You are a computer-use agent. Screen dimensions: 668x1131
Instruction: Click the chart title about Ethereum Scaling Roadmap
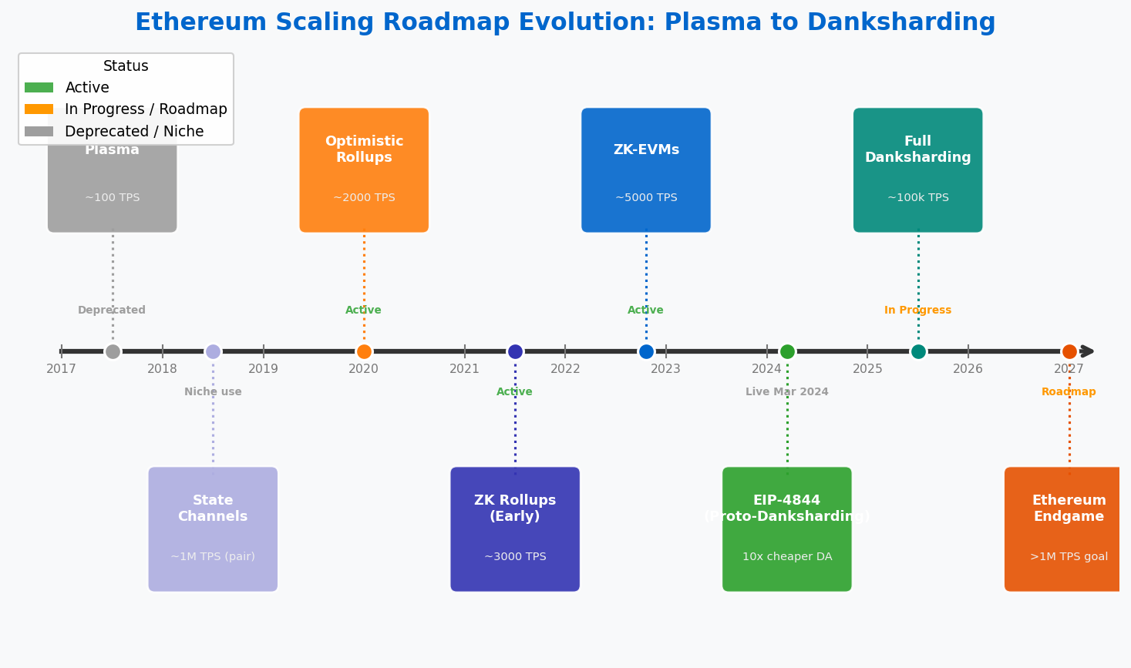click(565, 23)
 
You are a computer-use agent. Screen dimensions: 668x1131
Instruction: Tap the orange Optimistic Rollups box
click(364, 170)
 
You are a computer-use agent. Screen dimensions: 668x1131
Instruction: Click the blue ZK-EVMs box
click(646, 170)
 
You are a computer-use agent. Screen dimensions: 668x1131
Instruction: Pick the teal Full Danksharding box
click(917, 170)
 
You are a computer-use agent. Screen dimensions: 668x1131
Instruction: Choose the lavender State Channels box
click(213, 529)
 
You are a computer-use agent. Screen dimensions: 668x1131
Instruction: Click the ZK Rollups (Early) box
click(515, 529)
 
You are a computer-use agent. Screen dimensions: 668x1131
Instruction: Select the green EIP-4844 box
click(787, 529)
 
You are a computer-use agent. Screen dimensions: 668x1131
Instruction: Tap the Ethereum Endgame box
click(1064, 529)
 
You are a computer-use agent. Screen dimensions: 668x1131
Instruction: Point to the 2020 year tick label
click(363, 369)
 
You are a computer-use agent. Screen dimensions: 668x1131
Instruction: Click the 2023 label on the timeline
click(665, 369)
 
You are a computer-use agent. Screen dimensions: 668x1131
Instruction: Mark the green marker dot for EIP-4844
click(787, 351)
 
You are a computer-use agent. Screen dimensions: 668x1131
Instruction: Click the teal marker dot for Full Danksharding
click(918, 351)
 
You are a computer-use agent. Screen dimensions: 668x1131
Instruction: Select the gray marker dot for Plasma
click(113, 351)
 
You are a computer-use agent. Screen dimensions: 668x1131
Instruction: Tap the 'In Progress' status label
click(917, 311)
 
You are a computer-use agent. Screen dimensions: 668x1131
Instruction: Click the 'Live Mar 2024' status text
click(786, 392)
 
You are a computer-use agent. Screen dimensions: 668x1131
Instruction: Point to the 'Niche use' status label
click(213, 392)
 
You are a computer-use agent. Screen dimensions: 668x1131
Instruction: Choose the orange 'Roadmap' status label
click(1069, 392)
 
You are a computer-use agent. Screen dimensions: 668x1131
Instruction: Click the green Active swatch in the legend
click(39, 88)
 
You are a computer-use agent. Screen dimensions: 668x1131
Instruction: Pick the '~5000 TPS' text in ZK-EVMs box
click(646, 198)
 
